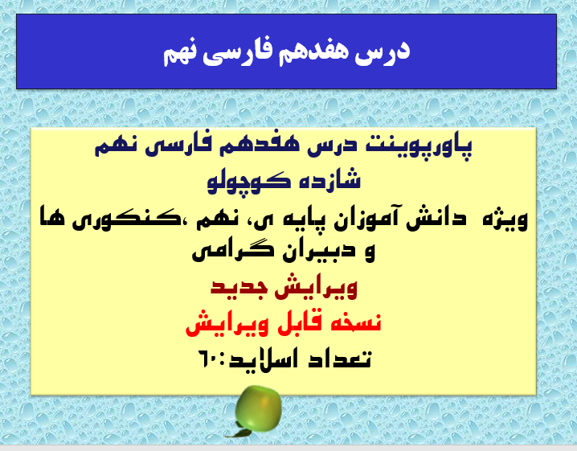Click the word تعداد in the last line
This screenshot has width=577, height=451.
point(343,359)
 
